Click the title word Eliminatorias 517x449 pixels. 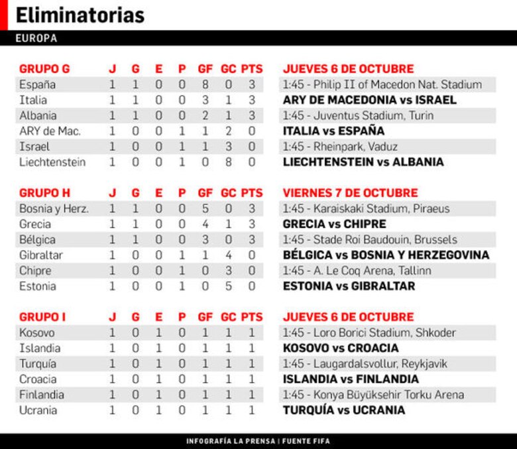[80, 15]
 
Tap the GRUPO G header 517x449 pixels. [44, 68]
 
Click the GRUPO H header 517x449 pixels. [44, 193]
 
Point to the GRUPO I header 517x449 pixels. [42, 317]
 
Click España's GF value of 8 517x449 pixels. [205, 84]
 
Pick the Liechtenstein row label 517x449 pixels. [52, 162]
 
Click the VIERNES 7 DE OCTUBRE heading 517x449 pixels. [351, 193]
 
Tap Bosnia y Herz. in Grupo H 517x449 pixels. [54, 208]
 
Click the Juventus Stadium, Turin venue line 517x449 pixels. [359, 115]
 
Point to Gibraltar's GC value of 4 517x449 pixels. [228, 255]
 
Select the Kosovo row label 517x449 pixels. [37, 333]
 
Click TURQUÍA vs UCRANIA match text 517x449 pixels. [344, 411]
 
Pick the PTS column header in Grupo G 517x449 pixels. [252, 68]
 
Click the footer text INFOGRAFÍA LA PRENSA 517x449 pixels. [230, 441]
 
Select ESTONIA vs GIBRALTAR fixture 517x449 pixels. [349, 287]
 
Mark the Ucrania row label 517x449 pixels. [38, 411]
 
